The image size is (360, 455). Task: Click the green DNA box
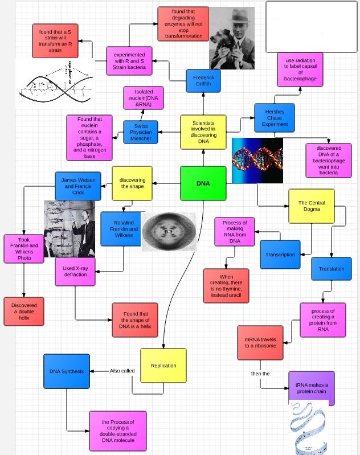[x=203, y=183]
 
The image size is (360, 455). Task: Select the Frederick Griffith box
[x=203, y=80]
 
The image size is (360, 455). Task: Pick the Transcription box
[x=280, y=255]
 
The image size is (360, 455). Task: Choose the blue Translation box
[x=331, y=269]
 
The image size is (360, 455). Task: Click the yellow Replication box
[x=163, y=365]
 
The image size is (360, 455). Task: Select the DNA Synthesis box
[x=66, y=371]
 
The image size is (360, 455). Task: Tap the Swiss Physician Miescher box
[x=141, y=133]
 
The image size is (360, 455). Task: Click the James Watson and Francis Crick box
[x=79, y=186]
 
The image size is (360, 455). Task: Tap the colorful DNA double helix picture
[x=257, y=160]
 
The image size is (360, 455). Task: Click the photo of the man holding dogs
[x=232, y=38]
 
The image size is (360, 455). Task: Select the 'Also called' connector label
[x=122, y=371]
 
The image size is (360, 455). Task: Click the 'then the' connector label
[x=260, y=374]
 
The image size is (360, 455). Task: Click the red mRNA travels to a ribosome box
[x=260, y=342]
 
